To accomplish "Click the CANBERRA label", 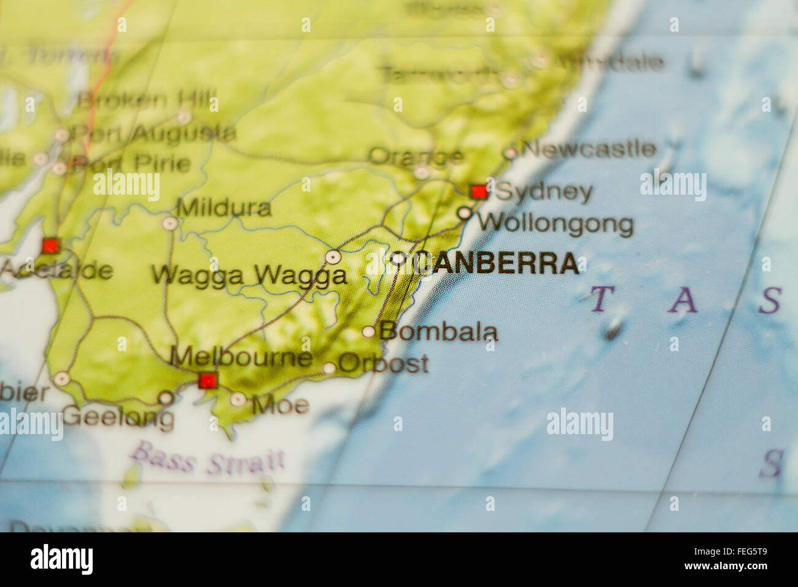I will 497,263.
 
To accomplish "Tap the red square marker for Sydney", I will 479,192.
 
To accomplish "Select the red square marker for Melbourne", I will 208,381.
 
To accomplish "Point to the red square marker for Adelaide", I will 50,246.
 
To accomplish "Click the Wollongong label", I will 556,224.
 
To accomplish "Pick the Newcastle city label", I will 588,149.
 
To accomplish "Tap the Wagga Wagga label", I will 249,275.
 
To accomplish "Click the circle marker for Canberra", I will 398,259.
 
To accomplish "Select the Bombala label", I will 438,332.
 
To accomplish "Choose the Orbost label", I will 383,363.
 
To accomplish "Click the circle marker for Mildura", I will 169,224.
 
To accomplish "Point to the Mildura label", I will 224,208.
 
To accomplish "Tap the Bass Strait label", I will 207,459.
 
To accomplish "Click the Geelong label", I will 118,417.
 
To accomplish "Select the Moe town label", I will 281,405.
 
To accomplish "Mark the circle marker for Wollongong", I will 465,213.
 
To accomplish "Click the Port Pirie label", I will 130,164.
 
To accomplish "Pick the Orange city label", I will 416,156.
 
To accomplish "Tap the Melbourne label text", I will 241,357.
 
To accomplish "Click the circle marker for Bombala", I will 368,332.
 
